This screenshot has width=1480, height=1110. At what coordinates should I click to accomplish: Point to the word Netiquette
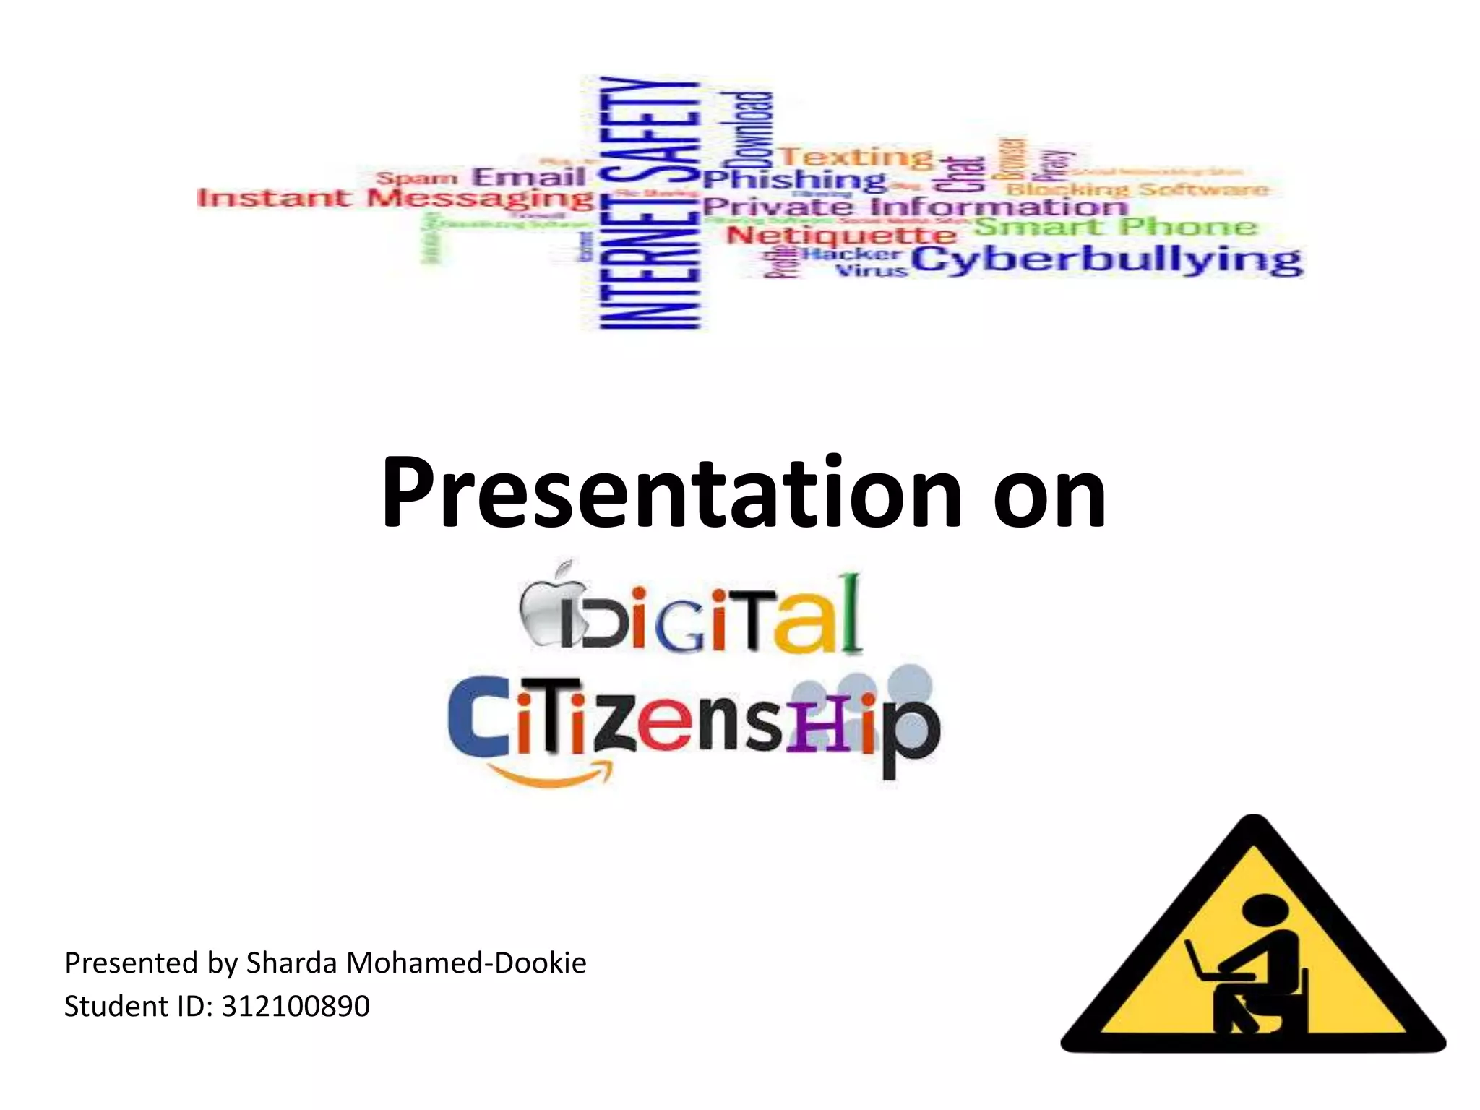841,235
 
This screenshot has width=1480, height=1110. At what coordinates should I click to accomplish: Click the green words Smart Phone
1116,226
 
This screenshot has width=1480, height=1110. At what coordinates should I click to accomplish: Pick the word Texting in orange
856,155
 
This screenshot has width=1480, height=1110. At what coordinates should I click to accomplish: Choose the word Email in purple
528,176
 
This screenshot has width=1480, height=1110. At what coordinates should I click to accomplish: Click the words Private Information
915,207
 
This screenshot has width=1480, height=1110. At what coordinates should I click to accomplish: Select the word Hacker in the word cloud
853,254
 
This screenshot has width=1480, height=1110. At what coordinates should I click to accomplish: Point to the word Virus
871,271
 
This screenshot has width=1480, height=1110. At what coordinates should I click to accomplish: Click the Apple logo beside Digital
551,603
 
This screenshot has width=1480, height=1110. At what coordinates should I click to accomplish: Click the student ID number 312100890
296,1006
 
